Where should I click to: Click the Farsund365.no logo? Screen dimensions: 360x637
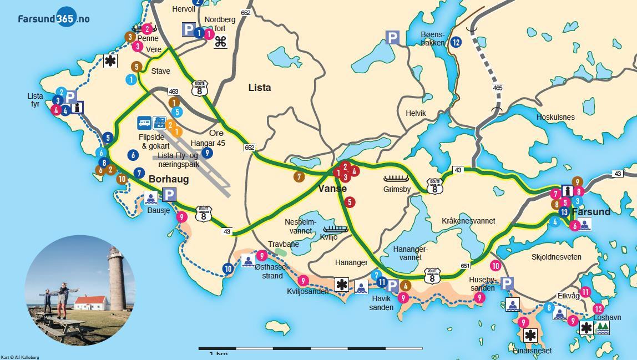(x=53, y=18)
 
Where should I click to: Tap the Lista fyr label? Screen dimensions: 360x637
(x=35, y=100)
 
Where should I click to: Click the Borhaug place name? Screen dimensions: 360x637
(x=169, y=179)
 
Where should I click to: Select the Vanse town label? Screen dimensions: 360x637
(x=332, y=189)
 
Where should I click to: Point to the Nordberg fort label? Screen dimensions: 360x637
(x=220, y=24)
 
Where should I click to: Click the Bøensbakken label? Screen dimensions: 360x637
(x=433, y=38)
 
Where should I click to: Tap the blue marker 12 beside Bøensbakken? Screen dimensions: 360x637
(x=456, y=42)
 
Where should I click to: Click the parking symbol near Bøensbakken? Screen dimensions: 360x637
(x=392, y=38)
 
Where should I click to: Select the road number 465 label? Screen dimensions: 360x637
(x=498, y=88)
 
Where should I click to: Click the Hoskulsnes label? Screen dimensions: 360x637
(x=555, y=118)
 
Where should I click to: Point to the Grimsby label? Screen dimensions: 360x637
(x=397, y=189)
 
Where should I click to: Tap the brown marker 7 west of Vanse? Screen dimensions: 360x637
(x=299, y=177)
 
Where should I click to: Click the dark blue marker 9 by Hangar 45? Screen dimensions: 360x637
(x=207, y=153)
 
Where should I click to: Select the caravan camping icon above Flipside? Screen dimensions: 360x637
(x=144, y=123)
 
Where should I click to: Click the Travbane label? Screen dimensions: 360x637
(x=283, y=244)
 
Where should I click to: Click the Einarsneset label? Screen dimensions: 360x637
(x=532, y=351)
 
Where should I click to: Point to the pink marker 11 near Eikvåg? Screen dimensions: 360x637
(x=585, y=292)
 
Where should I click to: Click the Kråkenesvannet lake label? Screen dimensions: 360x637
(x=468, y=221)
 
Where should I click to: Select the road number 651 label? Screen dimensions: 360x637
(x=465, y=266)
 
